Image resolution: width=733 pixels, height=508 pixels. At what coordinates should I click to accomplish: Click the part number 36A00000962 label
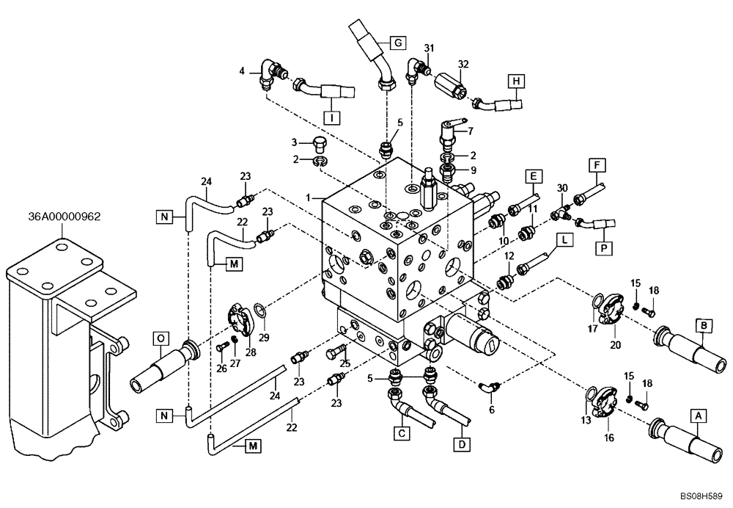click(64, 217)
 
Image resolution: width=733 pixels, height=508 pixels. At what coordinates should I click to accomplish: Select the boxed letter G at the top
click(397, 43)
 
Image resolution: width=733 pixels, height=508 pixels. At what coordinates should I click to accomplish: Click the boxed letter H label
click(517, 81)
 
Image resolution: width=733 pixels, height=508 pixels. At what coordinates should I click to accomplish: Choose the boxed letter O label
click(161, 338)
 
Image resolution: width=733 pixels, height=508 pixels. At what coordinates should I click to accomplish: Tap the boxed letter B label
click(702, 324)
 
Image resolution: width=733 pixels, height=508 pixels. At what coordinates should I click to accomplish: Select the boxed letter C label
click(401, 434)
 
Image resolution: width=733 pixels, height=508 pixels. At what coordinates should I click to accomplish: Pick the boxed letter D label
click(460, 443)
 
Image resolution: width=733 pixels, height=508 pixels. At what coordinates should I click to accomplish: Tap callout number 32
click(463, 65)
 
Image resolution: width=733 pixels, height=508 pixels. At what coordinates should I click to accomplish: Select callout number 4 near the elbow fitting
click(242, 70)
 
